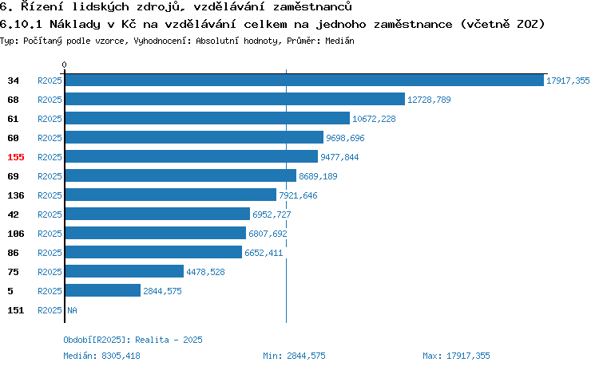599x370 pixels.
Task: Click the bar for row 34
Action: [x=304, y=80]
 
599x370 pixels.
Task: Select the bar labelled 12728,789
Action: [x=235, y=99]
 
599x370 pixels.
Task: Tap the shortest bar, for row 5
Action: [x=103, y=291]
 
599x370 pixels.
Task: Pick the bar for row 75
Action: [x=125, y=272]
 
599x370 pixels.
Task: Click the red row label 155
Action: [x=16, y=157]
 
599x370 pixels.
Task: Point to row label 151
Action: [x=16, y=310]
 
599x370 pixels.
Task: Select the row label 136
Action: [x=16, y=195]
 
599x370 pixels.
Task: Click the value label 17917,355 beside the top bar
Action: [x=568, y=81]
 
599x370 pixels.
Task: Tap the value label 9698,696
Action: [x=345, y=138]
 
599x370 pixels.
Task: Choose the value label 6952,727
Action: [x=272, y=215]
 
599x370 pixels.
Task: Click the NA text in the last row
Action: [x=72, y=310]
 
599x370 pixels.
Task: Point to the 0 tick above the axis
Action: [x=64, y=65]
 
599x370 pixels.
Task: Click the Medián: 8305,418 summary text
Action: [x=101, y=356]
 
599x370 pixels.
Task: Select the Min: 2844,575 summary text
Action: [x=294, y=356]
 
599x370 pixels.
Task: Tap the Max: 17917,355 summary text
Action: [x=456, y=356]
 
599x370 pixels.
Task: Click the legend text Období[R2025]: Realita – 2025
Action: [x=133, y=340]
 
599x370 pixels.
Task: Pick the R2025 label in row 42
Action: [x=50, y=215]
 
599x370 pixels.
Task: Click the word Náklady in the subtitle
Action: [x=75, y=25]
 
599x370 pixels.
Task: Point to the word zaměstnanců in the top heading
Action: [x=312, y=6]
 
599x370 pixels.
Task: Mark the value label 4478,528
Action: [x=205, y=272]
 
